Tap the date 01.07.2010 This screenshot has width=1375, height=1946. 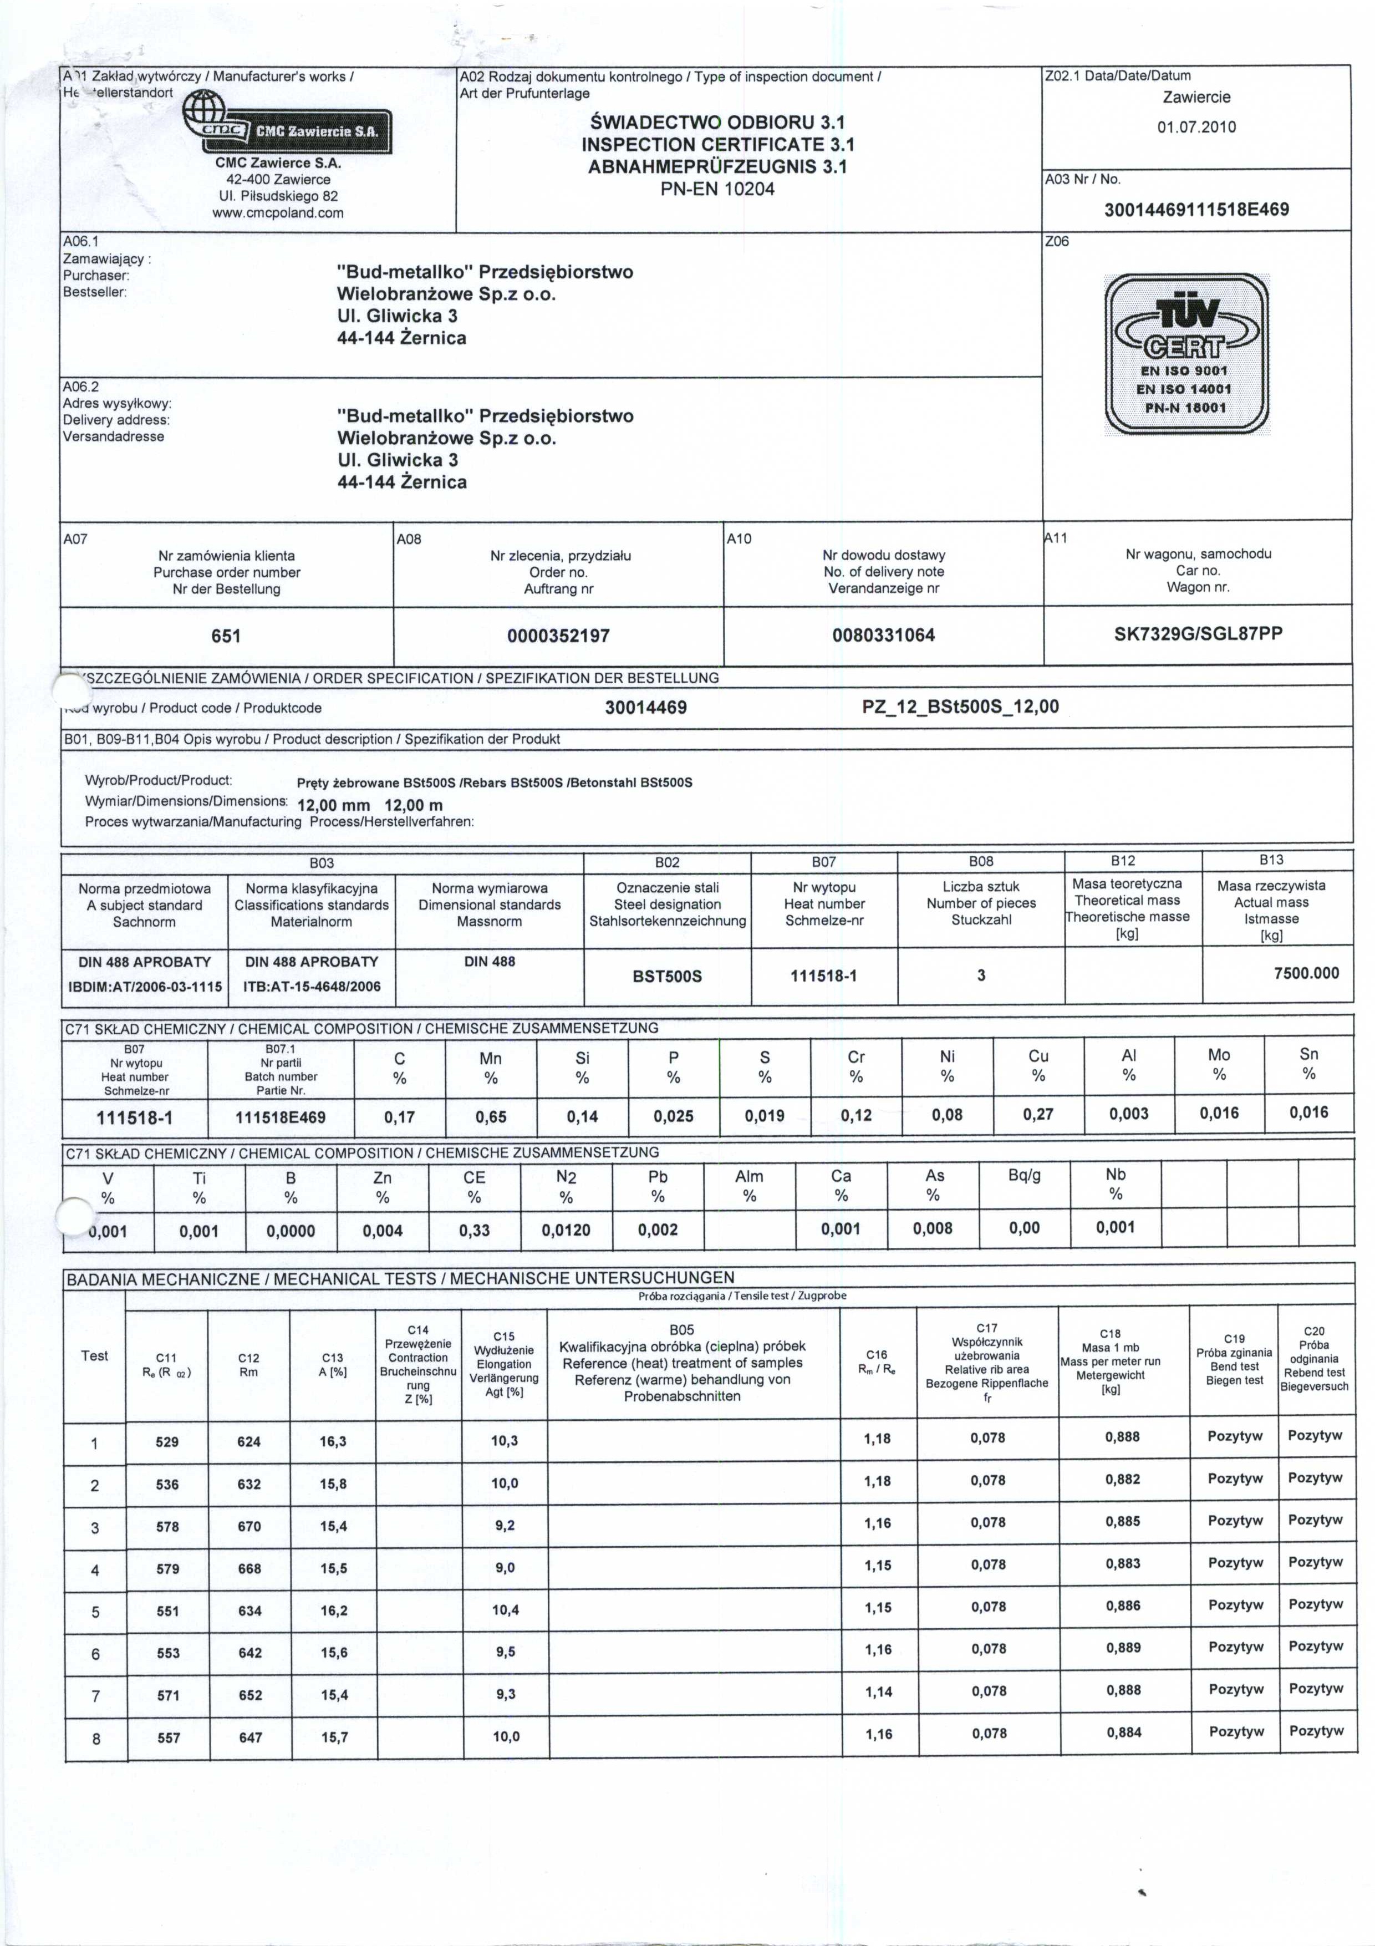[x=1196, y=127]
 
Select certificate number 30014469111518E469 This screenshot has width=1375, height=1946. [x=1196, y=209]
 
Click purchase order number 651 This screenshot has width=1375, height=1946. [x=226, y=636]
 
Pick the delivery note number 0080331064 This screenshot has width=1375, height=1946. [x=884, y=635]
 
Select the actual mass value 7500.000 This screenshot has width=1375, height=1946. [x=1306, y=973]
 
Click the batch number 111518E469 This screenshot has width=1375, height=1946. [x=281, y=1117]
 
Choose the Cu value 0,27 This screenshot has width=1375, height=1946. [x=1038, y=1115]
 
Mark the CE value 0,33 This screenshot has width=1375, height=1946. [x=475, y=1231]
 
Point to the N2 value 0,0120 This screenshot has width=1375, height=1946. [x=566, y=1231]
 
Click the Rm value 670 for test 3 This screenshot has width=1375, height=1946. [x=249, y=1526]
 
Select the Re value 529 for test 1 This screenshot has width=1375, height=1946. [x=167, y=1442]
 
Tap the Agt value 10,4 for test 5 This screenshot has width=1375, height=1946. [x=505, y=1609]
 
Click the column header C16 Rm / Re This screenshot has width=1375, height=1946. [x=877, y=1362]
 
